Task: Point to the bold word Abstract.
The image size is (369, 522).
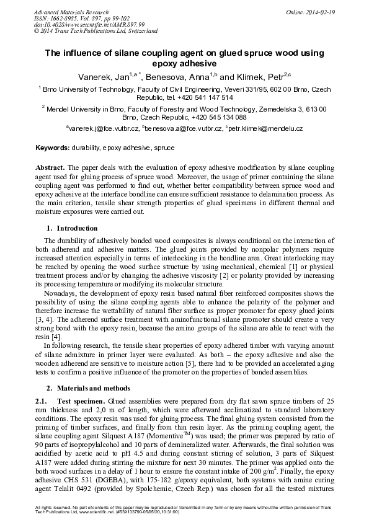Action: pyautogui.click(x=50, y=168)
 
